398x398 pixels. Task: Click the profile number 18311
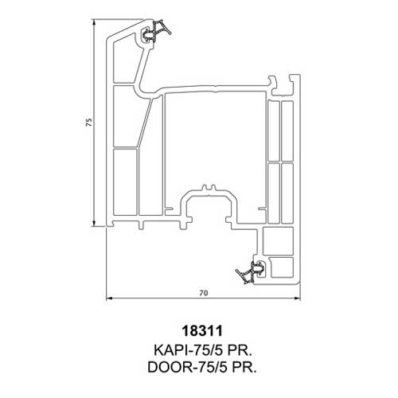click(202, 331)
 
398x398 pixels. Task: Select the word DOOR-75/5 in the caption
click(188, 367)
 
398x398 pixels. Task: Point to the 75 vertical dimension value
click(89, 122)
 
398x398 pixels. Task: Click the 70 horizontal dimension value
click(203, 293)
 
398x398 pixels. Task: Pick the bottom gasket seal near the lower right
click(251, 272)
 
